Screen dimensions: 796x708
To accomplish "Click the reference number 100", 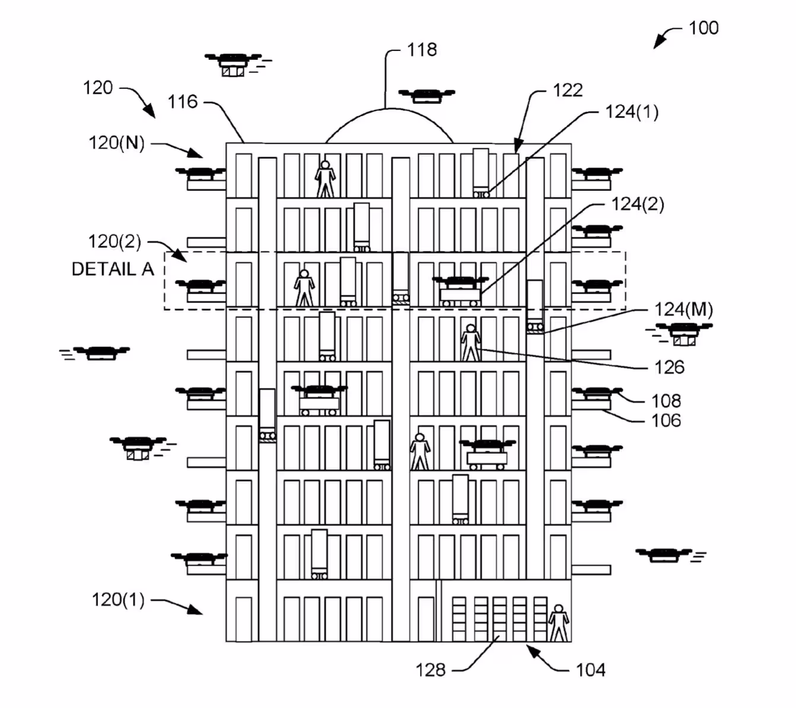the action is point(703,28).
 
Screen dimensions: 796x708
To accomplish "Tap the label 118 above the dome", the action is point(422,50).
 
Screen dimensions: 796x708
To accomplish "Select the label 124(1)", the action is point(632,112).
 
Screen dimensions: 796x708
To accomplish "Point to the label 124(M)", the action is point(683,310).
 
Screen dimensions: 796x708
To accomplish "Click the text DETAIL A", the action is point(113,269).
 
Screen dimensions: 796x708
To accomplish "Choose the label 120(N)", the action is point(117,143).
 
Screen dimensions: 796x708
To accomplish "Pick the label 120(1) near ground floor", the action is point(118,599).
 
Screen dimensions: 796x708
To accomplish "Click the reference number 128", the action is point(431,670).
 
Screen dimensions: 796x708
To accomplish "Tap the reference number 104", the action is point(591,670).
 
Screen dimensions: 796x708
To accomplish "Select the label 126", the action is point(669,368).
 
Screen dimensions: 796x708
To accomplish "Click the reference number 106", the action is point(666,421).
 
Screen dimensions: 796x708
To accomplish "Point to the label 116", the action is point(182,102).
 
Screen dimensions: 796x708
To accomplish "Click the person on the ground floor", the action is point(558,623).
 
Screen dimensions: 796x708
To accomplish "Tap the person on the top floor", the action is point(325,178).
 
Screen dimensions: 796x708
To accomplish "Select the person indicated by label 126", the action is point(470,343).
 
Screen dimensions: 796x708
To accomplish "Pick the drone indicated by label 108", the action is point(597,393).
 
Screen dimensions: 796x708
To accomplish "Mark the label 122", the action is point(568,91).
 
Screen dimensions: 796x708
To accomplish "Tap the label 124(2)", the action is point(638,205).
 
